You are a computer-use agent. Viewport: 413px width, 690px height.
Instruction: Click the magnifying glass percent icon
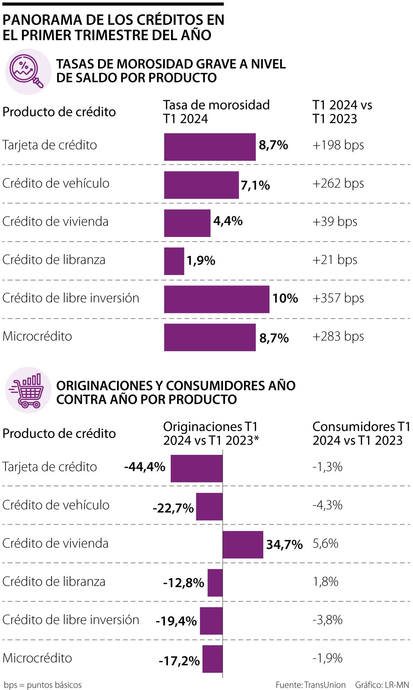pyautogui.click(x=28, y=71)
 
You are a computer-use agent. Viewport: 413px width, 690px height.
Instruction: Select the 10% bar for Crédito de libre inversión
pyautogui.click(x=216, y=299)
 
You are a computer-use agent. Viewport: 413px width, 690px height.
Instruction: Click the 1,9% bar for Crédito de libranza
pyautogui.click(x=174, y=261)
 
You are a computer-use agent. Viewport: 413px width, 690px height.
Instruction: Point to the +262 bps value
pyautogui.click(x=338, y=184)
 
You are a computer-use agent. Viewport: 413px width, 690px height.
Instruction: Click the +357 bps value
pyautogui.click(x=338, y=298)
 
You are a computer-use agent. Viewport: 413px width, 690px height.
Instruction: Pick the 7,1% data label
pyautogui.click(x=255, y=186)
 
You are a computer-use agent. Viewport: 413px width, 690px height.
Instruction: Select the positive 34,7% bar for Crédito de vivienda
pyautogui.click(x=243, y=544)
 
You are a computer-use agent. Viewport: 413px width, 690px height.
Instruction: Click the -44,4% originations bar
pyautogui.click(x=197, y=468)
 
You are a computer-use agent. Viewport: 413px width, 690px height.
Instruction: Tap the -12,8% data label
pyautogui.click(x=183, y=583)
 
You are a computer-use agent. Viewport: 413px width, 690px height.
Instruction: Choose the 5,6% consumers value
pyautogui.click(x=325, y=544)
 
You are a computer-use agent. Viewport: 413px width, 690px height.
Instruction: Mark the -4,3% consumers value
pyautogui.click(x=327, y=505)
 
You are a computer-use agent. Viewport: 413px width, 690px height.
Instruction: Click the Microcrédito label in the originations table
pyautogui.click(x=37, y=658)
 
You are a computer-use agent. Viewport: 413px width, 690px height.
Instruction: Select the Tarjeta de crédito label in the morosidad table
pyautogui.click(x=50, y=145)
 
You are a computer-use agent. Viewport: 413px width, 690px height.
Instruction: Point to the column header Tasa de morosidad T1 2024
pyautogui.click(x=216, y=112)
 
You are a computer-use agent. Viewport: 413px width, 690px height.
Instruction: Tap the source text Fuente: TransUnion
pyautogui.click(x=310, y=685)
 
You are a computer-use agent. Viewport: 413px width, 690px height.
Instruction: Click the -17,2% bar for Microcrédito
pyautogui.click(x=212, y=659)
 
